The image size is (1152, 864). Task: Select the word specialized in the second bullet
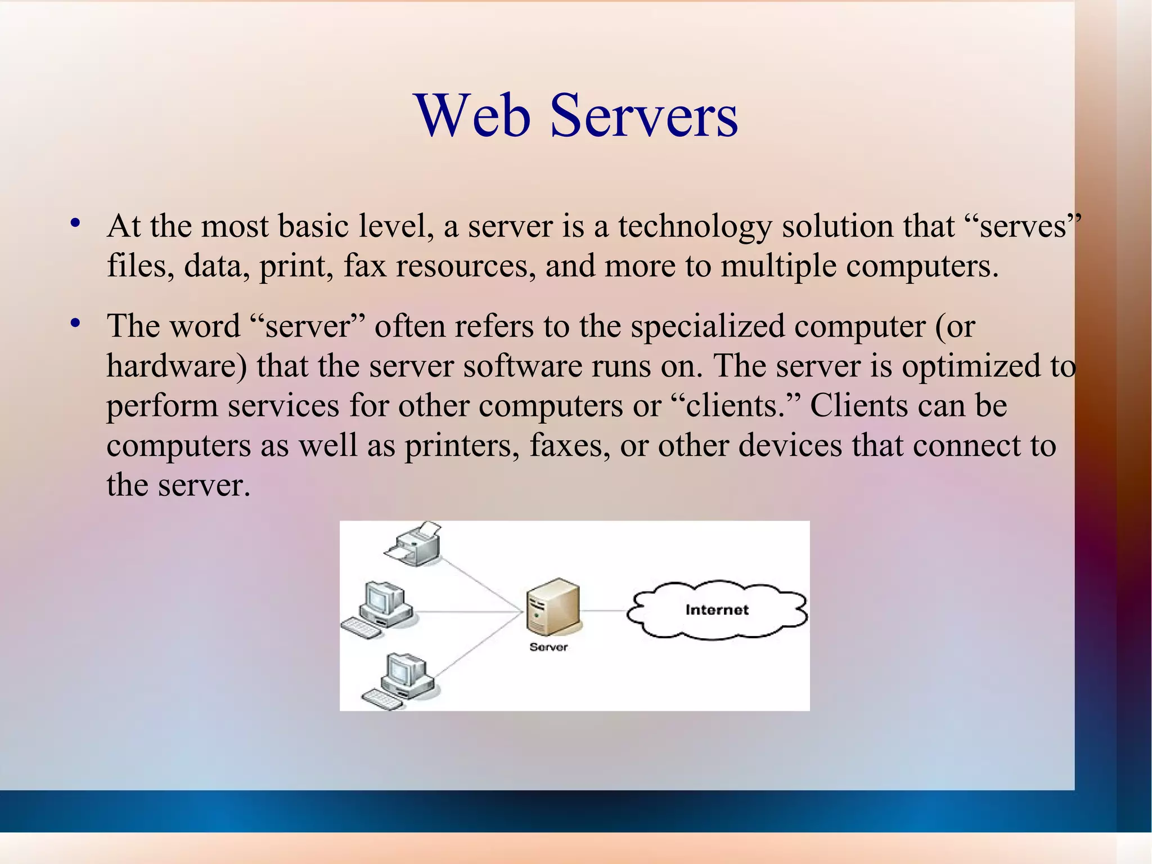tap(708, 326)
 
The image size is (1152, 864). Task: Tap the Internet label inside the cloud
tap(717, 610)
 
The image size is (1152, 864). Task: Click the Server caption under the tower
tap(548, 647)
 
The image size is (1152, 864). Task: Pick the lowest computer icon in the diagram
tap(398, 679)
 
